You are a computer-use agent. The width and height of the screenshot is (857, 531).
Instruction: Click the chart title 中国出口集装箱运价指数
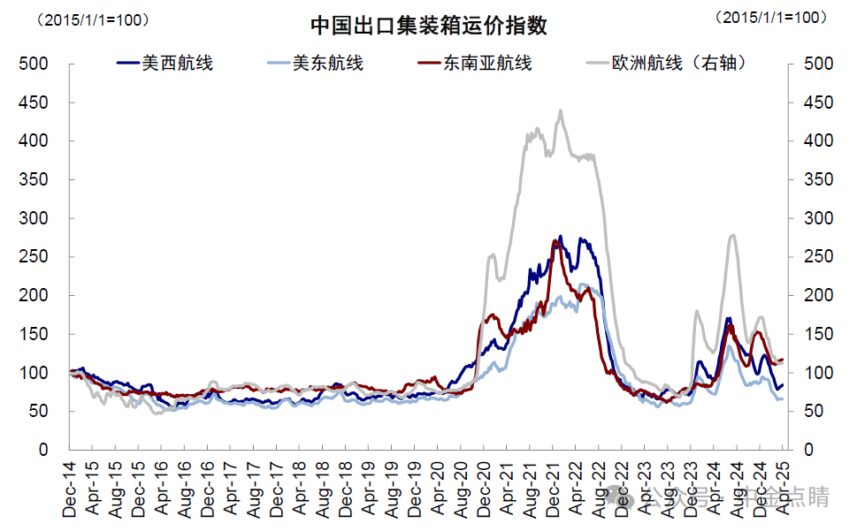point(429,26)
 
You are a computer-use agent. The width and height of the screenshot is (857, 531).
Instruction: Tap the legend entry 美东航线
point(315,64)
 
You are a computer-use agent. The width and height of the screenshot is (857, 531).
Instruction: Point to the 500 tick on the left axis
point(35,64)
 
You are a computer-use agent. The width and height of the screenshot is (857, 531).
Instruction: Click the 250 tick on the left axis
point(35,257)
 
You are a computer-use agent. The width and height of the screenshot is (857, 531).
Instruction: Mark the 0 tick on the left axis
point(42,450)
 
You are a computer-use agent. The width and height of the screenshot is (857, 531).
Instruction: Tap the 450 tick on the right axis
point(817,102)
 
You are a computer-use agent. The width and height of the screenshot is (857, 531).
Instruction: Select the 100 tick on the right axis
point(817,373)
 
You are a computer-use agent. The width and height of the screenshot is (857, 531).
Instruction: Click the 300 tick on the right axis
point(817,218)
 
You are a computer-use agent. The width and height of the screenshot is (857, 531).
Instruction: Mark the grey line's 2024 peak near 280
point(732,235)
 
